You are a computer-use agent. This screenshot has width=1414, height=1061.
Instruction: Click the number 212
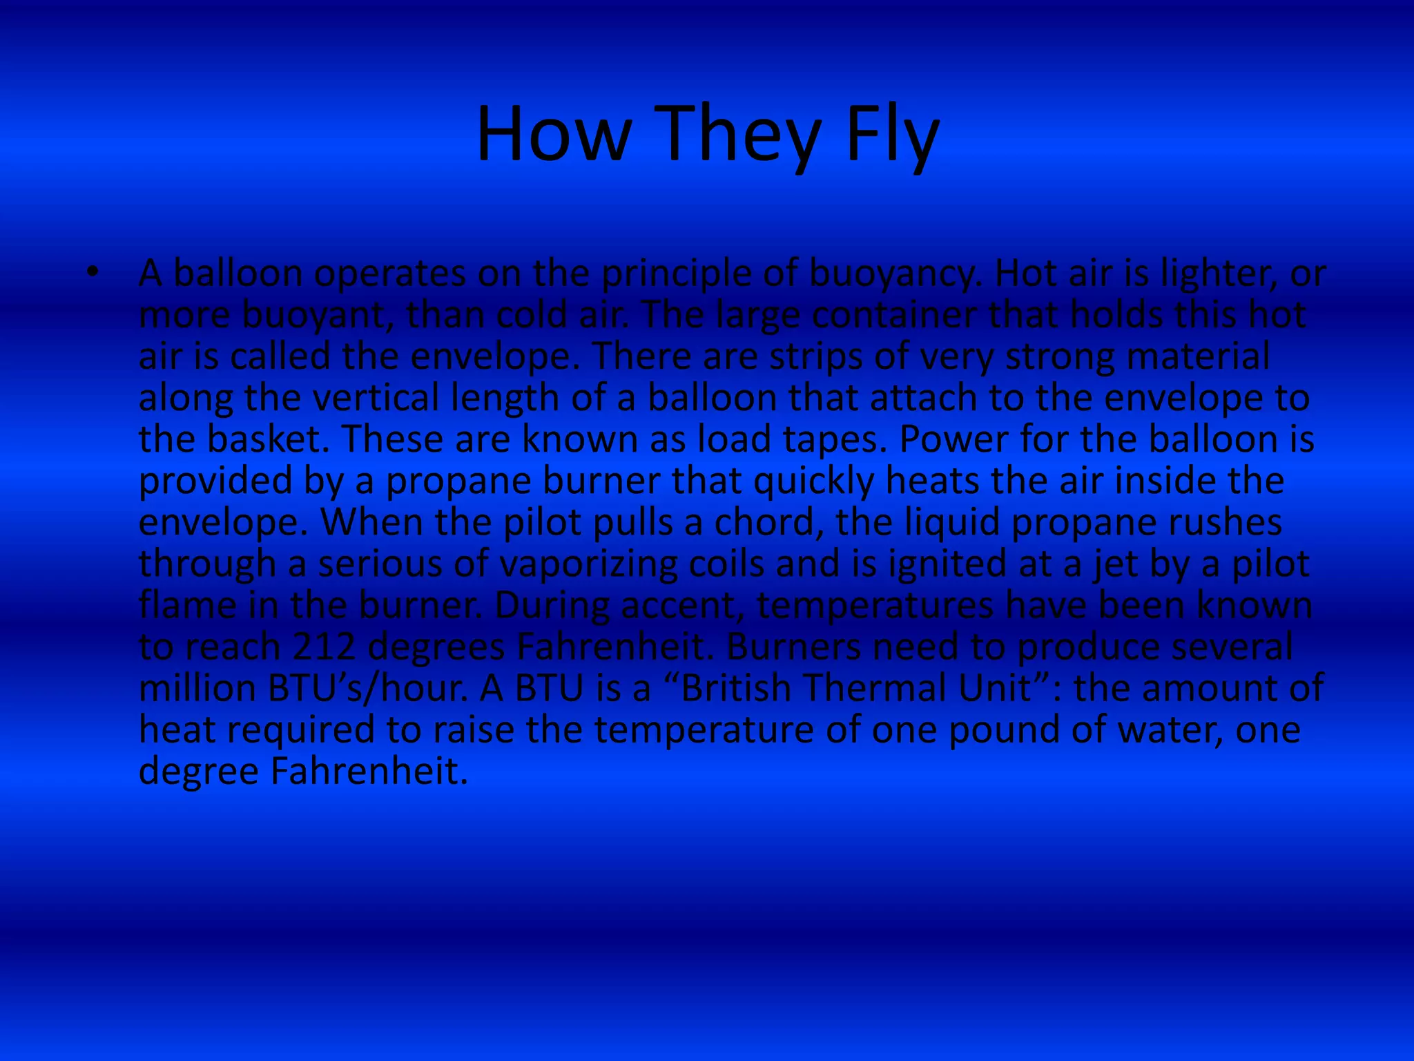pos(325,647)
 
